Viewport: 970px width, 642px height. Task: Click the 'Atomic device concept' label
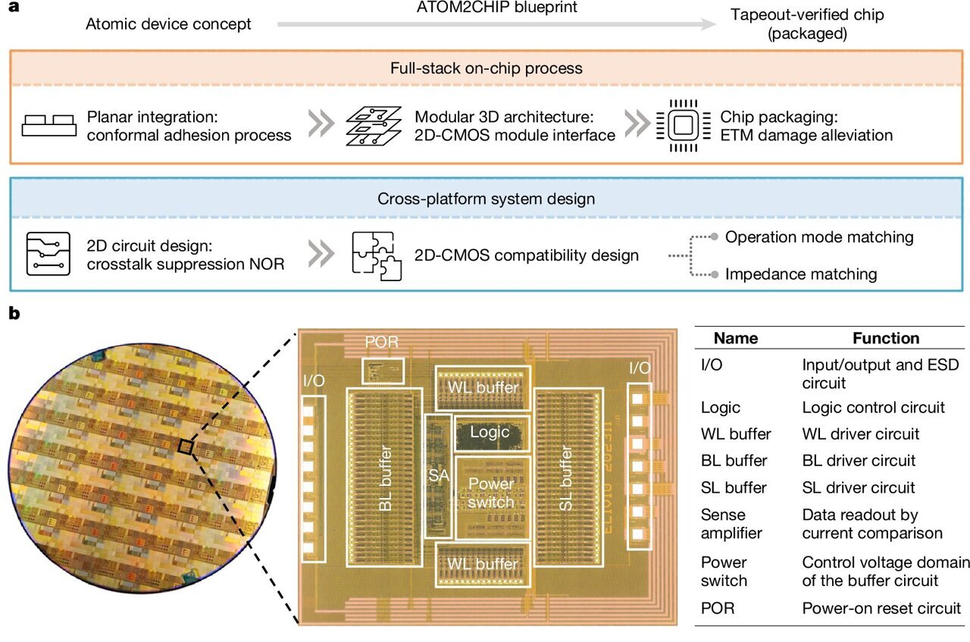click(168, 24)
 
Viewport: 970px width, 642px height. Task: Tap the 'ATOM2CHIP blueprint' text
click(497, 8)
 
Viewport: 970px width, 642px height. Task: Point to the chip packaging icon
click(677, 125)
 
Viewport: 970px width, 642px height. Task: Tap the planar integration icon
click(49, 126)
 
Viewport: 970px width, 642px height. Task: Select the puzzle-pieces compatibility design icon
click(374, 255)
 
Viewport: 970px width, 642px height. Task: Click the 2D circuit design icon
click(48, 255)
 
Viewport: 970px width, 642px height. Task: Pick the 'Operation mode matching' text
click(819, 237)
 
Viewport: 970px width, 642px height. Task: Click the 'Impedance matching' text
click(801, 274)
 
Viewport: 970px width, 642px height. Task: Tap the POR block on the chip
click(383, 371)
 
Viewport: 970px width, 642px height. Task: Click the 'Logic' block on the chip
click(490, 433)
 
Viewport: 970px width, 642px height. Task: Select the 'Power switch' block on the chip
click(490, 493)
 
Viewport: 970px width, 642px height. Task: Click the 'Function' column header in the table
click(885, 338)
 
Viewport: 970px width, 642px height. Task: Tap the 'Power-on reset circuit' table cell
click(881, 608)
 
